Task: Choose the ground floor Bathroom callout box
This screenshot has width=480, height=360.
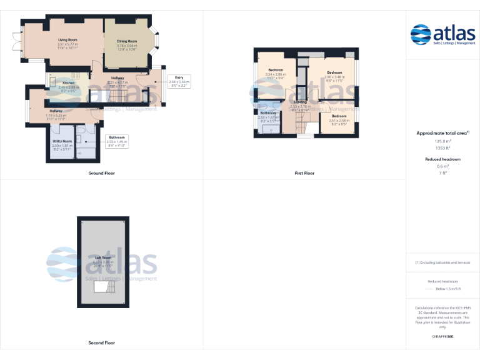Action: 117,140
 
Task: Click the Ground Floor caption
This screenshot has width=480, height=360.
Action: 101,173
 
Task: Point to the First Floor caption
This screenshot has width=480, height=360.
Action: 304,173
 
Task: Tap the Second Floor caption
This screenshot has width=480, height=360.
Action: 101,342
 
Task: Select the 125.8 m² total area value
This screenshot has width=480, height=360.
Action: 442,142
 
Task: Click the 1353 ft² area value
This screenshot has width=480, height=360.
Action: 442,148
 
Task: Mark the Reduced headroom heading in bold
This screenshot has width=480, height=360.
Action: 442,159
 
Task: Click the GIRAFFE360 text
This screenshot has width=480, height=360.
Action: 442,336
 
